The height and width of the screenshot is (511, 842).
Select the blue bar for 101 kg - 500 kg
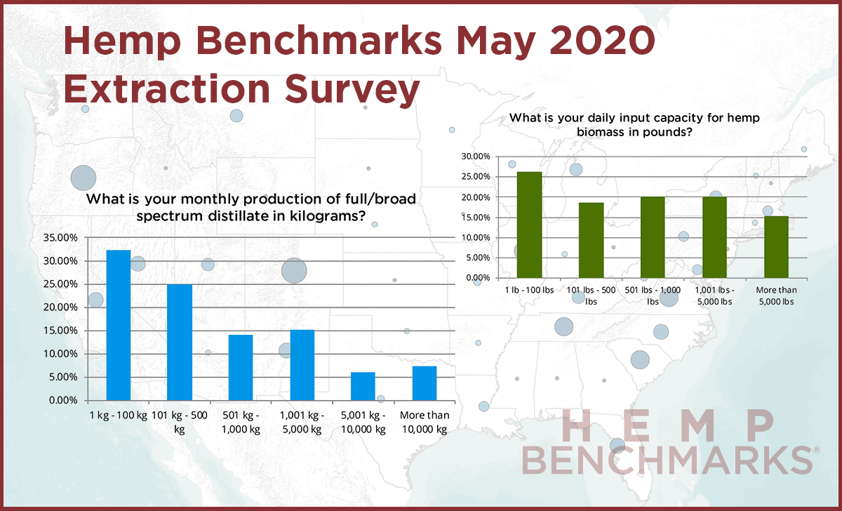pyautogui.click(x=180, y=342)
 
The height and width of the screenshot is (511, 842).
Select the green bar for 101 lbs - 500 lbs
pyautogui.click(x=591, y=239)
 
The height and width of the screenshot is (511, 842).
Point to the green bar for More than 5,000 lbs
pyautogui.click(x=776, y=246)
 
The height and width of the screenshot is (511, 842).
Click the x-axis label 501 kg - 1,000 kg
pyautogui.click(x=241, y=422)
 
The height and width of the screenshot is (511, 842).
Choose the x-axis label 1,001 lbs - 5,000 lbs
pyautogui.click(x=714, y=296)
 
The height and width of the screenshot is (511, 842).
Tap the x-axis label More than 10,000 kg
pyautogui.click(x=425, y=422)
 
